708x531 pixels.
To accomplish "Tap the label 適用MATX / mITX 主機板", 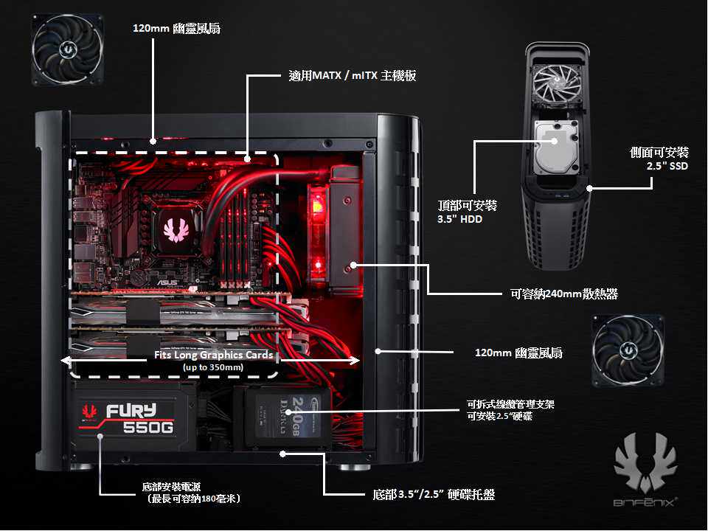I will tap(353, 75).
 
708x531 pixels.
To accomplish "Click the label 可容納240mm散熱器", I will tap(563, 294).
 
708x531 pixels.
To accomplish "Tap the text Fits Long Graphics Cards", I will tap(214, 355).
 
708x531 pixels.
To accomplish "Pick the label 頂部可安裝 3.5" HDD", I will tap(467, 211).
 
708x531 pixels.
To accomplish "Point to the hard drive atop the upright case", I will tap(558, 145).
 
